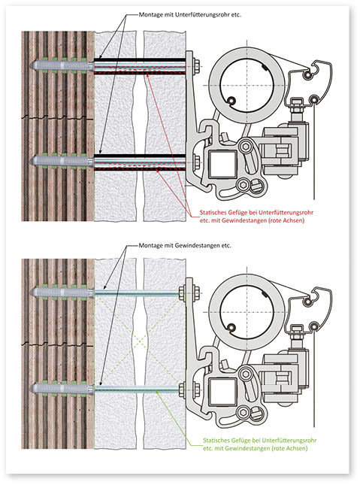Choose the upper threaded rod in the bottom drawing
click(135, 293)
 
